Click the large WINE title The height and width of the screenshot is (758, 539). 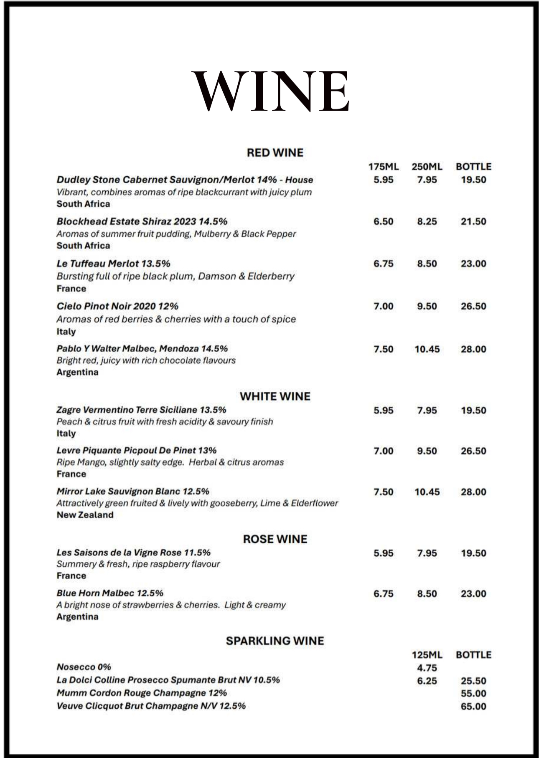270,91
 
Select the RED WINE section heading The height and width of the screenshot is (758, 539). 275,153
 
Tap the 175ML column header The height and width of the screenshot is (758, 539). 383,167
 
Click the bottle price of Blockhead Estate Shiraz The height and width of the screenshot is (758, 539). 473,222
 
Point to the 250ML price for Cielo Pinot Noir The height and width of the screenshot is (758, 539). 427,307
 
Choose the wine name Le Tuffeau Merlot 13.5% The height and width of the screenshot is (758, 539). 113,264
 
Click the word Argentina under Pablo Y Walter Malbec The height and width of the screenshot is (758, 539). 77,372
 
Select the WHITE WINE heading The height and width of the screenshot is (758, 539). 275,396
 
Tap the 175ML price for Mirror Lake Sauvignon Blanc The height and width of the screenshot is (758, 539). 383,492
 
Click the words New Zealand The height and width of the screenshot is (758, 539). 85,515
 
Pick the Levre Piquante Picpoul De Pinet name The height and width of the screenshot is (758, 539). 136,451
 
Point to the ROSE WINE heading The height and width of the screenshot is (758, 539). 275,539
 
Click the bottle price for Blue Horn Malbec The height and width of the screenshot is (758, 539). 473,594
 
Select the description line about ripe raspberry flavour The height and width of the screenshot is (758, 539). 138,564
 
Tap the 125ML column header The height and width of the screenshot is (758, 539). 427,655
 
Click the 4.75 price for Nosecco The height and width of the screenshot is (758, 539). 427,668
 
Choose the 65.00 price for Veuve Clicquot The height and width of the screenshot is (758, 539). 473,707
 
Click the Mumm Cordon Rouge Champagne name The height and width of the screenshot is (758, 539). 141,693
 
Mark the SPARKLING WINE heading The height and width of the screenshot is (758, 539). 275,641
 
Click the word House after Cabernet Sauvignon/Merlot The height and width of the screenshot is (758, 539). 299,180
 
